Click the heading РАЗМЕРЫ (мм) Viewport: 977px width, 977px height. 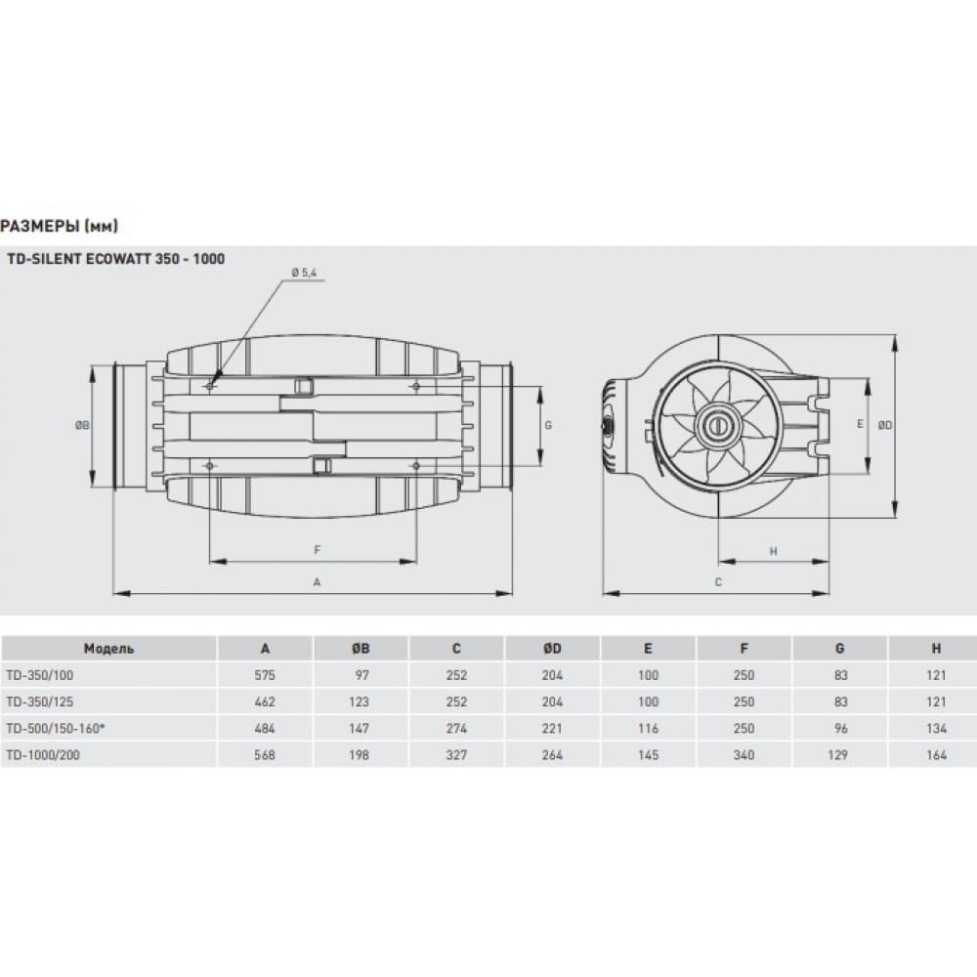(x=60, y=227)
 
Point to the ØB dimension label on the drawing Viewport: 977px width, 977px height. (x=83, y=426)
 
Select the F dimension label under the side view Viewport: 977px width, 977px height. (x=317, y=550)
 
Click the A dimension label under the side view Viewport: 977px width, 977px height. (x=316, y=581)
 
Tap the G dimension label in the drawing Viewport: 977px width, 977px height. (x=548, y=426)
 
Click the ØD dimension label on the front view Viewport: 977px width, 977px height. (x=883, y=425)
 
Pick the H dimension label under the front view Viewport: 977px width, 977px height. (x=773, y=551)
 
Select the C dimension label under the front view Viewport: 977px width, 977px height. (x=718, y=582)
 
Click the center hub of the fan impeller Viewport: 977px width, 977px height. (x=718, y=425)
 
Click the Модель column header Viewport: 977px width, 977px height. (x=108, y=649)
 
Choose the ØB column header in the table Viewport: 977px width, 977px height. (x=360, y=649)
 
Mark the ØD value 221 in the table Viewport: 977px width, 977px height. (x=552, y=728)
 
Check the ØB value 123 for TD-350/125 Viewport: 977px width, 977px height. (x=360, y=701)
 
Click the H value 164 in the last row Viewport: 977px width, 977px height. (x=936, y=754)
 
